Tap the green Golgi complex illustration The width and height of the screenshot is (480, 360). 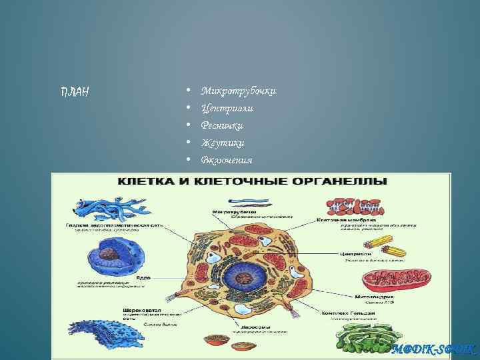(x=366, y=337)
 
